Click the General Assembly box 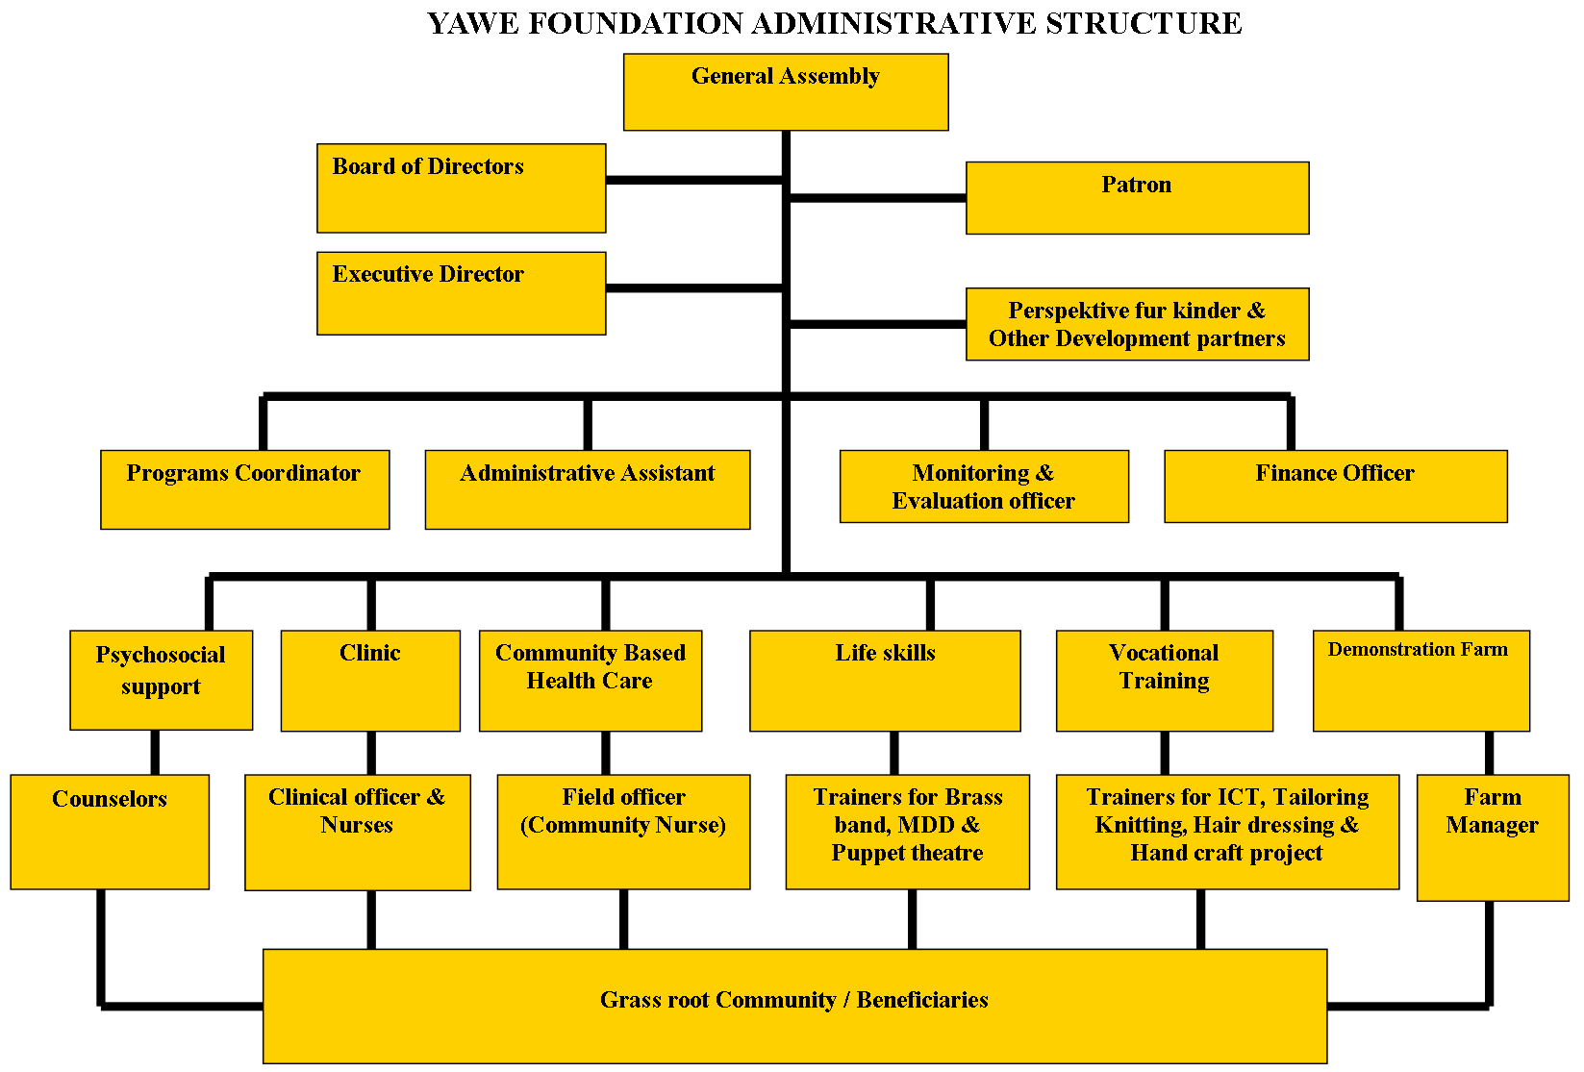(x=786, y=92)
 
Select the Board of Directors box (x=461, y=188)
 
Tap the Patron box (x=1137, y=198)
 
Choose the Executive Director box (x=461, y=292)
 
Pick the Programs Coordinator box (x=244, y=489)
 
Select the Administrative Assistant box (x=588, y=489)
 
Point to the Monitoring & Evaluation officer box (x=984, y=486)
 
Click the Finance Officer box (x=1336, y=486)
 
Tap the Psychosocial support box (x=162, y=680)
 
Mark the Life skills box (x=886, y=681)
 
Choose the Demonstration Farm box (x=1421, y=681)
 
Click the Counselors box (x=110, y=832)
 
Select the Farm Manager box (x=1493, y=837)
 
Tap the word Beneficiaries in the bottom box (x=922, y=1000)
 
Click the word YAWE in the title (x=473, y=23)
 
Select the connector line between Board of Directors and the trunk (x=694, y=181)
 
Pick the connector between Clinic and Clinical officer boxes (x=371, y=753)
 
